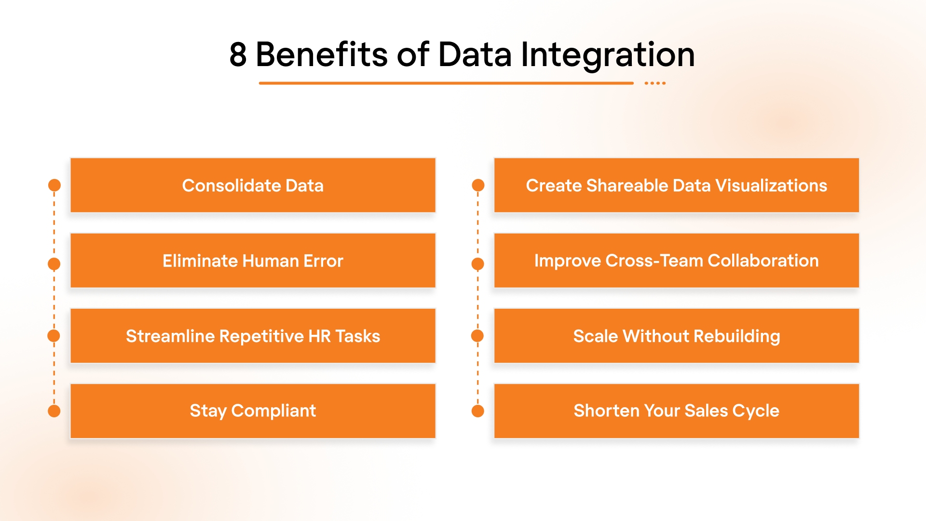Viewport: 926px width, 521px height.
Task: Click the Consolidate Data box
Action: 253,185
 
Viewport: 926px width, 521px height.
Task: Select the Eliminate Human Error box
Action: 253,260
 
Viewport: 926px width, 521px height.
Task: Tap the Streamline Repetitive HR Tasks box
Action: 253,336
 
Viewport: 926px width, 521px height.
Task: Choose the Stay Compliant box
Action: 253,411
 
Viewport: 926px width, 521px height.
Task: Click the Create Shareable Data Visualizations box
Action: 676,185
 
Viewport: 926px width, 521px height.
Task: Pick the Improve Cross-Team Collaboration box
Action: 676,260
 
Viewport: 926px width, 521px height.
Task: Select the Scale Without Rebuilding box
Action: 676,336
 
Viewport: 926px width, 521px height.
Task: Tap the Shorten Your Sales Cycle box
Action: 676,411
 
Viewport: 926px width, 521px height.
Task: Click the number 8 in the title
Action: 238,55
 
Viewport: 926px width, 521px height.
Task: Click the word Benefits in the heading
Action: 321,55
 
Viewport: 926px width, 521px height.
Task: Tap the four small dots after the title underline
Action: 655,83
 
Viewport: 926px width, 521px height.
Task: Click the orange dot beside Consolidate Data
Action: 54,185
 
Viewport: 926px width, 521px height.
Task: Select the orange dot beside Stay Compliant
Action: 54,411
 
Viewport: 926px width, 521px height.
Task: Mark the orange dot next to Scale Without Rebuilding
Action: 477,336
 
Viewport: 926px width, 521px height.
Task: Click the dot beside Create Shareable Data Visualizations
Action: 478,185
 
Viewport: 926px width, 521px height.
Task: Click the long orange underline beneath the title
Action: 446,83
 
